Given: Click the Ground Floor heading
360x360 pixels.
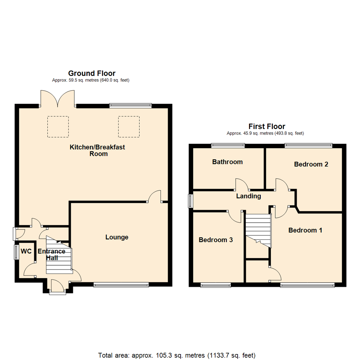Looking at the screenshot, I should [x=92, y=73].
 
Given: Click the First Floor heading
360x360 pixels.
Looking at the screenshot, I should [x=267, y=126].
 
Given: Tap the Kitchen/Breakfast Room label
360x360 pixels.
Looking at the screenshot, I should [x=97, y=150].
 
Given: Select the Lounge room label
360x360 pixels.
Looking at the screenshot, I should [x=117, y=237].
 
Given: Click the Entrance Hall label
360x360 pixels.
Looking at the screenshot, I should [x=51, y=254].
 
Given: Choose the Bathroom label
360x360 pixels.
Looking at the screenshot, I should [x=227, y=162].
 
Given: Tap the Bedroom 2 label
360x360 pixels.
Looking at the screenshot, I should [x=311, y=164].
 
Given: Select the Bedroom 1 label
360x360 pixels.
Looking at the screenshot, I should [x=305, y=230].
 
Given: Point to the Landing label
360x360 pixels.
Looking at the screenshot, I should [x=248, y=196].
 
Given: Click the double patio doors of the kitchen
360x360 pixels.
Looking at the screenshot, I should [x=58, y=99].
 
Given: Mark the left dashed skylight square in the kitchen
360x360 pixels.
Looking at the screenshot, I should [x=58, y=127].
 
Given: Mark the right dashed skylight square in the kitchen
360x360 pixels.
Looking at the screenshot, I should [x=129, y=127].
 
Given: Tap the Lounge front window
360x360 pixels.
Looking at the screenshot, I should [x=121, y=284].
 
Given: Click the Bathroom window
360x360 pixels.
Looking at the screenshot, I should [x=228, y=145].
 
